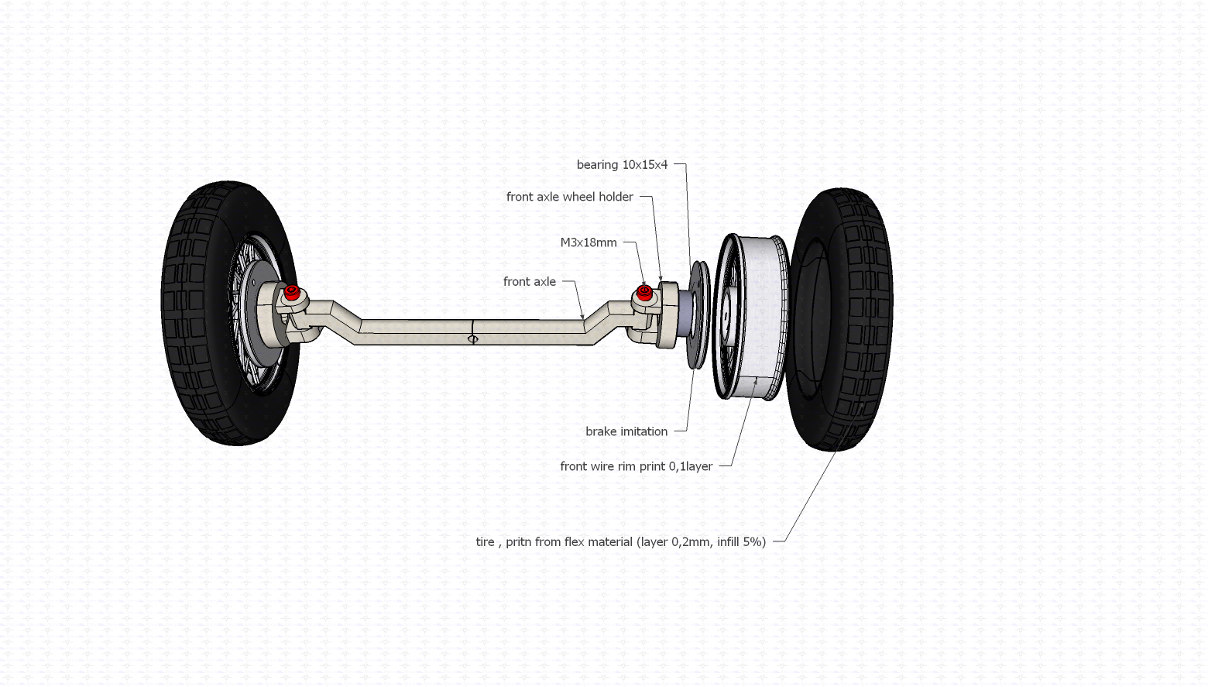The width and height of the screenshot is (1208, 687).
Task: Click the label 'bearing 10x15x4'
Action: [x=622, y=165]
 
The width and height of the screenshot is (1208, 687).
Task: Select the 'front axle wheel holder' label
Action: [x=569, y=198]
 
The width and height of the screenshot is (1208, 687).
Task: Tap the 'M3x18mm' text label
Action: [x=589, y=243]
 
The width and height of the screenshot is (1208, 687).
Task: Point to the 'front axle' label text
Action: [x=529, y=282]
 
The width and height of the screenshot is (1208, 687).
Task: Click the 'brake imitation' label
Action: [x=626, y=432]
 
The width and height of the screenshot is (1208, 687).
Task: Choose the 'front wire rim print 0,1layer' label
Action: [x=636, y=467]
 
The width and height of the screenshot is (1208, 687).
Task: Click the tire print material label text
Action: [x=620, y=542]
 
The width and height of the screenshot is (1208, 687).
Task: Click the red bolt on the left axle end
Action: [x=292, y=293]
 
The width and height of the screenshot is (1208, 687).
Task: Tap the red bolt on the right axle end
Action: [x=644, y=291]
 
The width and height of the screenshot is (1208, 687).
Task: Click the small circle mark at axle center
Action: [x=473, y=339]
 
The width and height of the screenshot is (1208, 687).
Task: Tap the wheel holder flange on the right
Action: [x=666, y=314]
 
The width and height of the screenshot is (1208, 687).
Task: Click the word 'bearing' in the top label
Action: [x=597, y=165]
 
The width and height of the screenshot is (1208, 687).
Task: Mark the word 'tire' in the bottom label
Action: [x=485, y=542]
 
